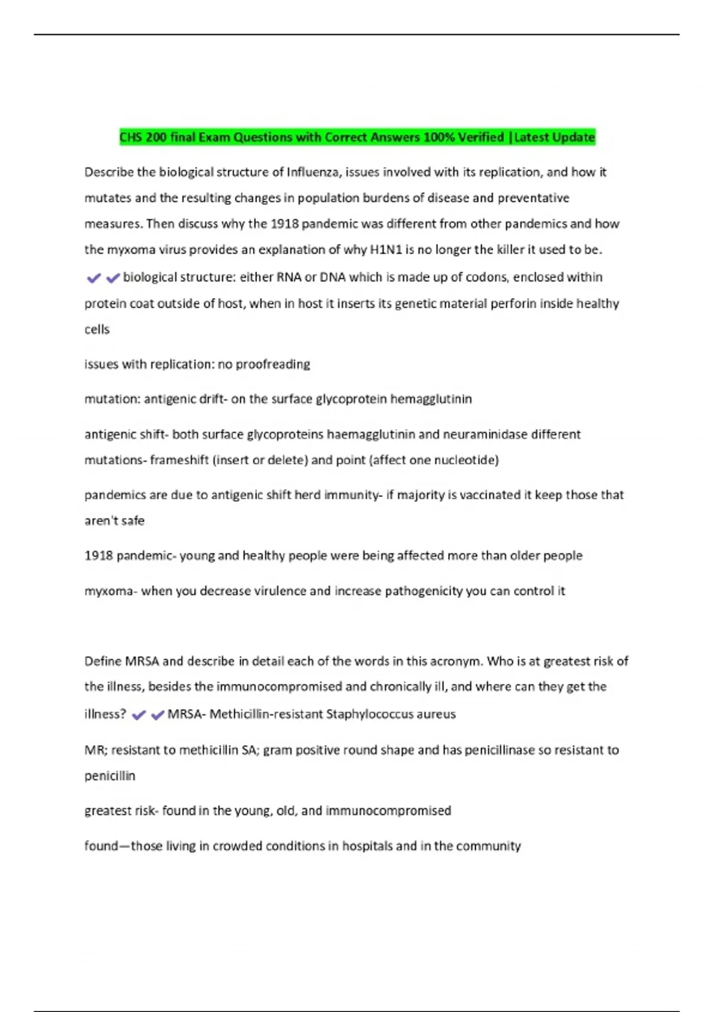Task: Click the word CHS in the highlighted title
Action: (131, 138)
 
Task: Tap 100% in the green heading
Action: (439, 138)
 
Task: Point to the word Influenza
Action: (313, 172)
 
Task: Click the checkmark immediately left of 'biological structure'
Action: (113, 278)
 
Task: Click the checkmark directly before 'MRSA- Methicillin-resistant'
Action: (158, 715)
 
